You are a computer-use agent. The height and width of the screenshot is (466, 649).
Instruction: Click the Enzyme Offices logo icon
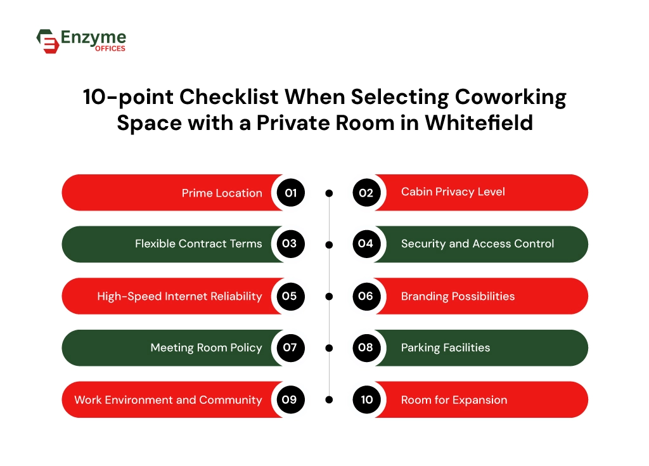point(48,41)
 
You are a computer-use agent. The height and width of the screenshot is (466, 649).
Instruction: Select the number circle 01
point(290,193)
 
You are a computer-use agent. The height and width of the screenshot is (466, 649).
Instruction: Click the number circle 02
point(366,193)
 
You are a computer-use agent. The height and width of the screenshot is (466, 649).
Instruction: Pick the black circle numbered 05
point(290,296)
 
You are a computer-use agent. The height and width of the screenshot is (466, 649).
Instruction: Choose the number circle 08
point(366,347)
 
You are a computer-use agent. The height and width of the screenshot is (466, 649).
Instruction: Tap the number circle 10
point(366,399)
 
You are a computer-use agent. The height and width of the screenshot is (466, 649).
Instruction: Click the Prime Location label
point(222,193)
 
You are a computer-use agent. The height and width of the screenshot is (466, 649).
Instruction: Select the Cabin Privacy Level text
point(453,191)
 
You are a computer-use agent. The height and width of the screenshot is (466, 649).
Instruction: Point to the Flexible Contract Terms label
point(198,243)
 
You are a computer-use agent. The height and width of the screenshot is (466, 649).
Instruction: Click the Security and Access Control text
point(477,243)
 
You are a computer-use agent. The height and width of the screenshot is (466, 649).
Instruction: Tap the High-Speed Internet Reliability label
point(179,296)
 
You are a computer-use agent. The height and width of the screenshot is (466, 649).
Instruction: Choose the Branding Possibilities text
point(458,296)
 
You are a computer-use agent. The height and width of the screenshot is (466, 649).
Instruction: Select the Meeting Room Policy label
point(206,347)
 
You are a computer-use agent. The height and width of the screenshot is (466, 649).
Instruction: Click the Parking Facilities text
point(445,347)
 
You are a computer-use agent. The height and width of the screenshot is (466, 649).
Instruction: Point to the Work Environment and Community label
point(168,399)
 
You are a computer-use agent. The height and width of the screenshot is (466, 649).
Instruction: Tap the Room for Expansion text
point(454,399)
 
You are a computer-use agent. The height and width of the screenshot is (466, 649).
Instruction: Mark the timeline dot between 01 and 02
point(328,193)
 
